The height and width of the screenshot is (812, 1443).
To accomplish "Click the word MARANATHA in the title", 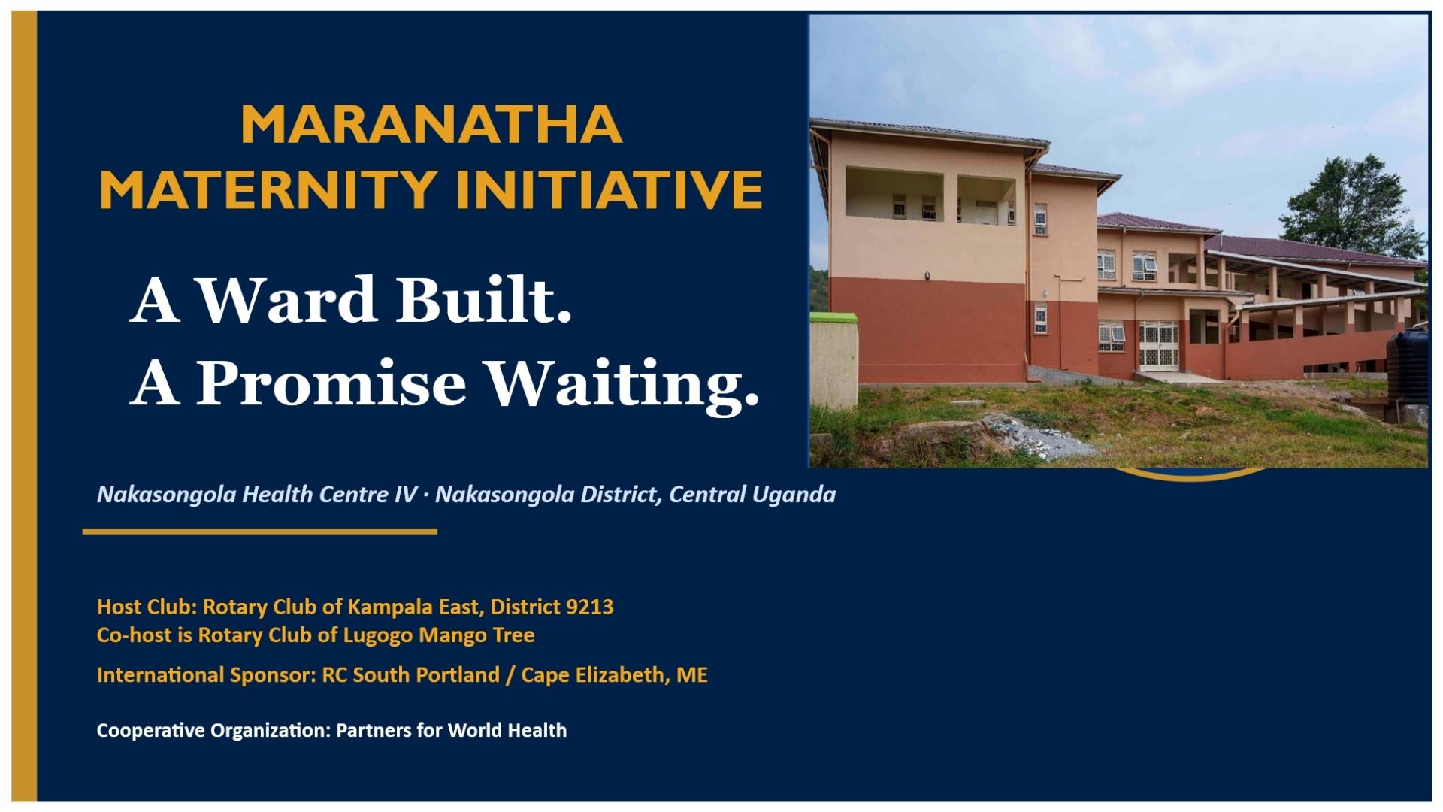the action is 431,125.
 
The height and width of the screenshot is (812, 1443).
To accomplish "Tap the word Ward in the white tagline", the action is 287,299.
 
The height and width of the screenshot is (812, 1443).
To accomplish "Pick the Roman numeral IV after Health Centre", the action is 405,495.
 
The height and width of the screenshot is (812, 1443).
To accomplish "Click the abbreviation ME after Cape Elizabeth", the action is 692,674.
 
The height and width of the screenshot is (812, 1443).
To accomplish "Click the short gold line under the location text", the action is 260,532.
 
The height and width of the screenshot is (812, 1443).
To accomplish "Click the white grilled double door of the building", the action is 1158,345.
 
